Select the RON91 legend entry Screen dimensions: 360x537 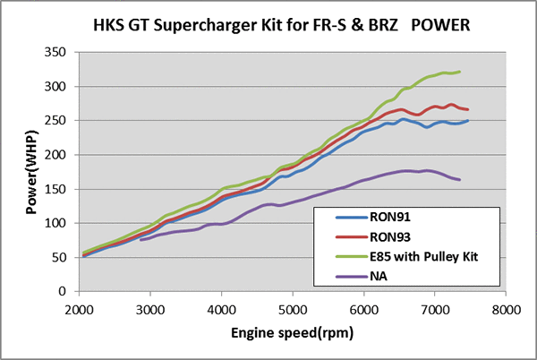[391, 217]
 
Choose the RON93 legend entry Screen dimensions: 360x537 [391, 236]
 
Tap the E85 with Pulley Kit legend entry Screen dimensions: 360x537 [421, 257]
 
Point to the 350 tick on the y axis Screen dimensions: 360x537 [57, 53]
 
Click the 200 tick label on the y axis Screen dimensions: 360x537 [57, 155]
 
